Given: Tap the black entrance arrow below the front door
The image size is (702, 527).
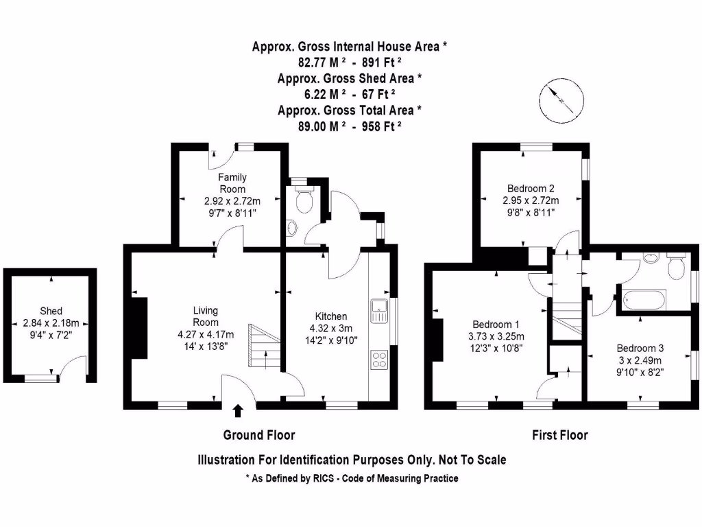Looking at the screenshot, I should click(238, 411).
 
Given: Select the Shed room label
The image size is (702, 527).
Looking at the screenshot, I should click(51, 311).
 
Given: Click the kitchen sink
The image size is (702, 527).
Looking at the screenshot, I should click(379, 311).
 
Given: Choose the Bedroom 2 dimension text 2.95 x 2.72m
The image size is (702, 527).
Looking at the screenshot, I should click(531, 200).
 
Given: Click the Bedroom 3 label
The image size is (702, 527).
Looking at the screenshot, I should click(640, 348).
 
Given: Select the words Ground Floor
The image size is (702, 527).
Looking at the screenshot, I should click(259, 435).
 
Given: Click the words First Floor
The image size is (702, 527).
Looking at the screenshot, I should click(559, 435).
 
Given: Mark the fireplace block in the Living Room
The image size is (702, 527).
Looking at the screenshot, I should click(139, 328).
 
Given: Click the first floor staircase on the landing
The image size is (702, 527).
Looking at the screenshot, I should click(567, 320).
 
